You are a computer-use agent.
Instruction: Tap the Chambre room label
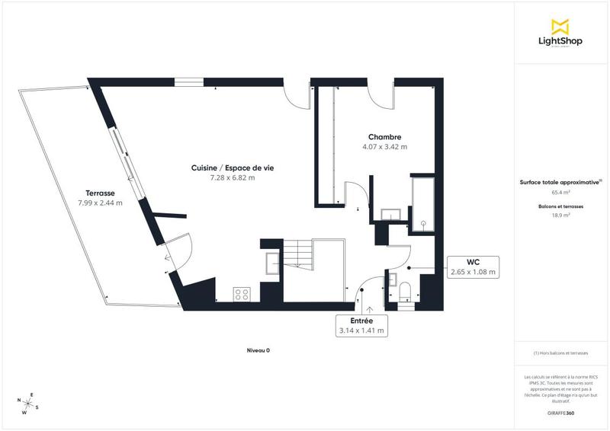pos(384,137)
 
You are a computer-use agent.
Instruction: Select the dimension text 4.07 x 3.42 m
pos(384,147)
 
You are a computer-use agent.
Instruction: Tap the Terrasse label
pos(99,193)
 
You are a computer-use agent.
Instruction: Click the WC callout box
pos(472,267)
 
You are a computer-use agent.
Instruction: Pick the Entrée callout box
pos(362,326)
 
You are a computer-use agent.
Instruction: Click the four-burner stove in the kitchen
pos(243,293)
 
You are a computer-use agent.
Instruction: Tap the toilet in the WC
pos(405,290)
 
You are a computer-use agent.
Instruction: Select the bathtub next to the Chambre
pos(424,202)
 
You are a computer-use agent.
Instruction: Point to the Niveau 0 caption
pos(258,350)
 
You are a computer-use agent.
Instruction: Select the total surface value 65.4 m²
pos(560,193)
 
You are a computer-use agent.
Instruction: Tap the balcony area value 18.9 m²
pos(560,216)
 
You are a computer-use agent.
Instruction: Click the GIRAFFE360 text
pos(560,412)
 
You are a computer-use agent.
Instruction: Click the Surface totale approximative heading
pos(560,183)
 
